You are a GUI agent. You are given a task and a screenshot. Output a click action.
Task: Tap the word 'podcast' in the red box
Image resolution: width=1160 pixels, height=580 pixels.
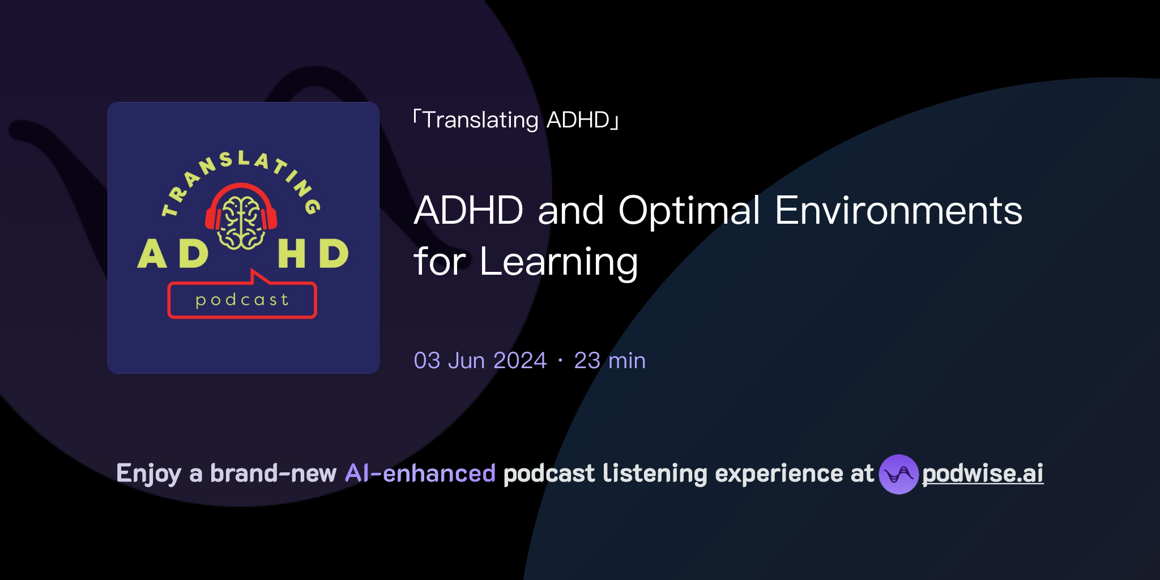242,300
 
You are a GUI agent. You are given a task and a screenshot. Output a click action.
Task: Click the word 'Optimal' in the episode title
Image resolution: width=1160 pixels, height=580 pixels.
689,211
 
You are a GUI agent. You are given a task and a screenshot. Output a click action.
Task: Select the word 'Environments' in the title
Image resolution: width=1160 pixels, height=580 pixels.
898,211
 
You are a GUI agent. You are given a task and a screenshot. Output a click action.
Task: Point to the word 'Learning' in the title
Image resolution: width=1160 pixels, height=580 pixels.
558,262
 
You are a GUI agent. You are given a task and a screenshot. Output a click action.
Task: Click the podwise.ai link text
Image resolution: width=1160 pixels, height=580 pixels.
983,474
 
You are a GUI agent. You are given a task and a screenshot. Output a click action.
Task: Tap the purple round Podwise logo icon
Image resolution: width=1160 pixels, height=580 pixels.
898,474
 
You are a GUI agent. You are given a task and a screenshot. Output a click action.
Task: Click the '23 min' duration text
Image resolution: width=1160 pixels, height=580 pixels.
609,361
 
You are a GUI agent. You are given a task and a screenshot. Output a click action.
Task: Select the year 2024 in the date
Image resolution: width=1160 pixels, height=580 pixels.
519,361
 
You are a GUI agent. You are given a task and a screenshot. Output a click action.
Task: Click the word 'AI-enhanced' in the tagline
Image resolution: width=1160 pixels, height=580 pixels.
420,474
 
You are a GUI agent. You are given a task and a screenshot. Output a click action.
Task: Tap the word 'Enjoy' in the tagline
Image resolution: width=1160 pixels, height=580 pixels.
148,474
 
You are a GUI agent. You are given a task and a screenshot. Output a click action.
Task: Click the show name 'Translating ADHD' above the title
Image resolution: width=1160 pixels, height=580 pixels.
516,120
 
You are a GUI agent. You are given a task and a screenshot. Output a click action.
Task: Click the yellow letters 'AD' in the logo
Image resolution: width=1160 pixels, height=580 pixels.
173,254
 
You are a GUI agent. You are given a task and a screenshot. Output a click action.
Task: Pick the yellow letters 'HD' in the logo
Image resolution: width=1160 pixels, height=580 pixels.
313,254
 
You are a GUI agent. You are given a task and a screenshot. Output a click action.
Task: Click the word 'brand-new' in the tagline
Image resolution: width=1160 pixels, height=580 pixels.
273,474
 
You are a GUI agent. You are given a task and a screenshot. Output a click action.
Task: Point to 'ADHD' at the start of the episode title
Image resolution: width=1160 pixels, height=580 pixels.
469,211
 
